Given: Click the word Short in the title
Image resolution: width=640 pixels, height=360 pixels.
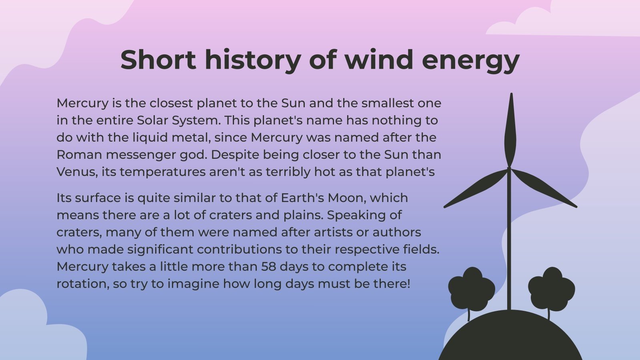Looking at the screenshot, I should click(158, 60).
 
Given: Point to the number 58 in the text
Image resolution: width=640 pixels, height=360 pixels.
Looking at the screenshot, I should click(268, 266).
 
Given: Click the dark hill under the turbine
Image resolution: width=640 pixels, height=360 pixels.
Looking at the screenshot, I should click(510, 340).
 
